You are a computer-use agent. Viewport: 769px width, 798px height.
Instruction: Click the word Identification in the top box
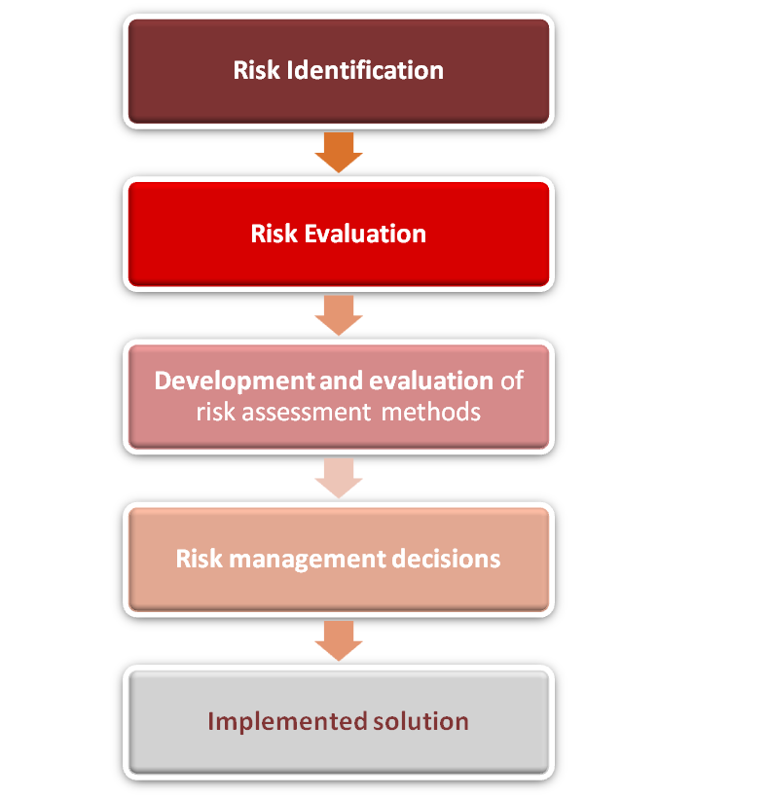[x=365, y=70]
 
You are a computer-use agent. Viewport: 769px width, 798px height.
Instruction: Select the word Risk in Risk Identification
[x=257, y=70]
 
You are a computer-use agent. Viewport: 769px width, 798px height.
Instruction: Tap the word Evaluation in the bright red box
[x=365, y=234]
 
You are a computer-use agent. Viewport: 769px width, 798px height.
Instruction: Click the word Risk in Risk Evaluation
[x=274, y=234]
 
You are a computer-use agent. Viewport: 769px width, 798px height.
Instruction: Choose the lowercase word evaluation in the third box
[x=431, y=381]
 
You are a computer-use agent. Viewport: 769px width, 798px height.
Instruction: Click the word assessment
[x=307, y=412]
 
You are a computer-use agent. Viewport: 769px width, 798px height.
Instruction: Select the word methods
[x=431, y=412]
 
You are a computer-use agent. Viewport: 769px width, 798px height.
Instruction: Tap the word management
[x=308, y=560]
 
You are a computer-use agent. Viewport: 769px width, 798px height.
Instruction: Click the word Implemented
[x=287, y=722]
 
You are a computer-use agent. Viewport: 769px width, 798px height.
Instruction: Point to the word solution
[x=421, y=721]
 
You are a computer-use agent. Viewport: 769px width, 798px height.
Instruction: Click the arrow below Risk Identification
[x=339, y=152]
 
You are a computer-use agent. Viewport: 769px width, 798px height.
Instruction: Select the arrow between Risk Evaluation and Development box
[x=339, y=315]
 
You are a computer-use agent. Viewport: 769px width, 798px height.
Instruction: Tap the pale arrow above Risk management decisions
[x=339, y=479]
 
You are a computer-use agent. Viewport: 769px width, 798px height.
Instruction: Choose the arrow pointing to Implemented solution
[x=339, y=640]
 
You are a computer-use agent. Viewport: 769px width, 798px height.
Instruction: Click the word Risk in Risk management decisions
[x=199, y=559]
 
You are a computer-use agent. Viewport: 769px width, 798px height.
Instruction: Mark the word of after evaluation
[x=512, y=381]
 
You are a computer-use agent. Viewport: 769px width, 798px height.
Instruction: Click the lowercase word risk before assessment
[x=216, y=412]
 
